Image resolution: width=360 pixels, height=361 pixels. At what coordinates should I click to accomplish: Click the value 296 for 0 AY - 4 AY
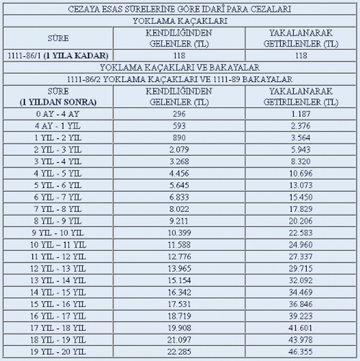pyautogui.click(x=178, y=114)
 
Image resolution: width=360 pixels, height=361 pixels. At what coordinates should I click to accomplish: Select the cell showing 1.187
pyautogui.click(x=300, y=114)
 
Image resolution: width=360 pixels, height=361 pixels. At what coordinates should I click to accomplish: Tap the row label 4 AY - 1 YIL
pyautogui.click(x=57, y=125)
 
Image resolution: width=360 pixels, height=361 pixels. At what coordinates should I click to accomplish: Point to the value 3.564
pyautogui.click(x=300, y=138)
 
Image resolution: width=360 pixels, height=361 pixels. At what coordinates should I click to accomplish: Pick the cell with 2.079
pyautogui.click(x=178, y=150)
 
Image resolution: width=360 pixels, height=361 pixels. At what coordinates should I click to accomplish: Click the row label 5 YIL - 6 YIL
pyautogui.click(x=57, y=186)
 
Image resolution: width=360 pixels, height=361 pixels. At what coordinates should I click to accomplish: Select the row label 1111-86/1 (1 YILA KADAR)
pyautogui.click(x=58, y=55)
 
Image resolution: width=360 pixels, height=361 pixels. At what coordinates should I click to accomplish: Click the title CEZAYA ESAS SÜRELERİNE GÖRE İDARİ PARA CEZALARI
pyautogui.click(x=179, y=9)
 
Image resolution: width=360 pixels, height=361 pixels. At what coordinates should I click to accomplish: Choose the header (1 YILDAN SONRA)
pyautogui.click(x=58, y=102)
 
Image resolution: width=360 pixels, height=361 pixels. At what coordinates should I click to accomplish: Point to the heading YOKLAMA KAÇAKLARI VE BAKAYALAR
pyautogui.click(x=179, y=68)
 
